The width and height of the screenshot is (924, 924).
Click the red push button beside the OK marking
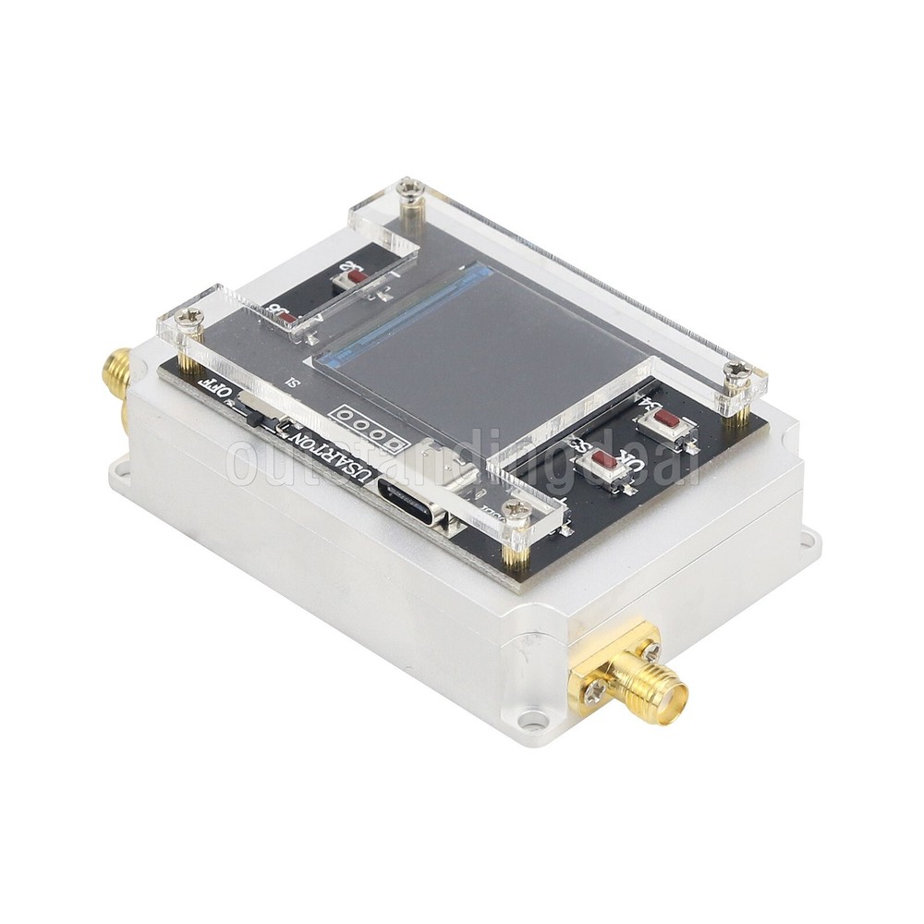pyautogui.click(x=604, y=459)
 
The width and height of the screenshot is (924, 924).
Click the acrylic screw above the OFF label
pyautogui.click(x=190, y=322)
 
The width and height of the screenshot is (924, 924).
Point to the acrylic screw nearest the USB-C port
pyautogui.click(x=519, y=510)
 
